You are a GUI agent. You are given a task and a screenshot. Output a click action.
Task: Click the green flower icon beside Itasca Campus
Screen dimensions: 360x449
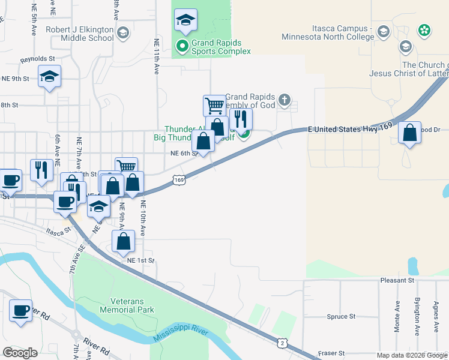pos(424,29)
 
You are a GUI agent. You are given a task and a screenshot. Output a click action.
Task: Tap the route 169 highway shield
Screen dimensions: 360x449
pos(178,179)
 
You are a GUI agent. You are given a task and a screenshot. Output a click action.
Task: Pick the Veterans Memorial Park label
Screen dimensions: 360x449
pos(123,305)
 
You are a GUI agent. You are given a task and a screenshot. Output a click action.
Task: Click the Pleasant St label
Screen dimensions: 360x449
pos(397,280)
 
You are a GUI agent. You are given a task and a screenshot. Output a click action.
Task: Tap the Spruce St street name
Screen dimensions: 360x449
pos(342,316)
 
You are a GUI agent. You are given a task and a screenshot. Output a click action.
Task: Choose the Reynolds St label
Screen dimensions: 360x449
pos(38,59)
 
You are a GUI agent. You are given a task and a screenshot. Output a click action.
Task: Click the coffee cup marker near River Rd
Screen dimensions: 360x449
pos(21,311)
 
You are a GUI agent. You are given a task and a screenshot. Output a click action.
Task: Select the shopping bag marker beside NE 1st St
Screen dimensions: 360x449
pos(124,241)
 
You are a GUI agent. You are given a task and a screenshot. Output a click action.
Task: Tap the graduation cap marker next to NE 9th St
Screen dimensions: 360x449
pos(49,76)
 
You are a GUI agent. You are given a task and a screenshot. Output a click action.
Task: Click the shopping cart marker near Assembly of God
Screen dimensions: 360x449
pos(214,106)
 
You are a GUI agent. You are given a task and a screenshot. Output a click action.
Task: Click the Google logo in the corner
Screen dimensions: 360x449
pos(20,352)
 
